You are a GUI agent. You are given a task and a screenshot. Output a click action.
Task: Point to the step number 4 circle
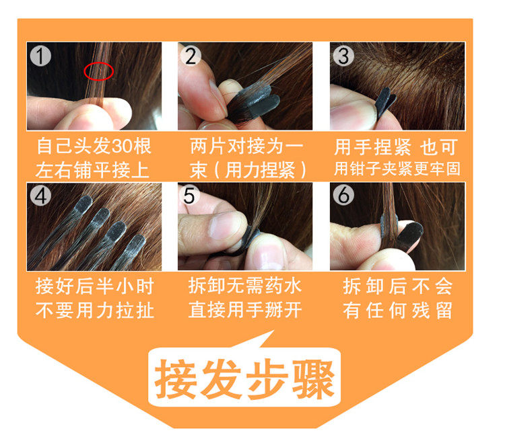pos(41,196)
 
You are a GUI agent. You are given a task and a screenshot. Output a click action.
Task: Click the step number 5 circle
pos(191,196)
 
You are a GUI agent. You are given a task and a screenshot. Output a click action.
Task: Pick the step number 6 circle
pos(343,196)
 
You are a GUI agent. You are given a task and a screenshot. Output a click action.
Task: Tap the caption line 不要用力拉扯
pos(94,310)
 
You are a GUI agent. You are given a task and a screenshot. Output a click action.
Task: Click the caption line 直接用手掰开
pos(245,310)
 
